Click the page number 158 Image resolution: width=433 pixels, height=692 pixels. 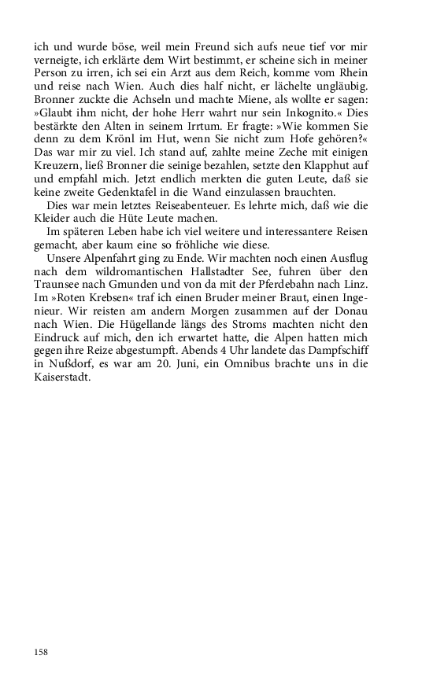click(41, 652)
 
